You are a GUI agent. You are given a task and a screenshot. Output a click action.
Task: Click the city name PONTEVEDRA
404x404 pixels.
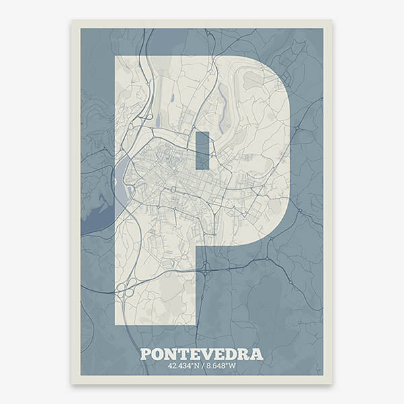[x=201, y=354]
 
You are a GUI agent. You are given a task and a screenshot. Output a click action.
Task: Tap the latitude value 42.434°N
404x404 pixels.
[x=183, y=366]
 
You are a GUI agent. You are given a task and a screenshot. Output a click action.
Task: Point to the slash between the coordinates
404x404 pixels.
[x=202, y=366]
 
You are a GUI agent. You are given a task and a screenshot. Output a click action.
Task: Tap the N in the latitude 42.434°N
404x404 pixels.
[x=196, y=366]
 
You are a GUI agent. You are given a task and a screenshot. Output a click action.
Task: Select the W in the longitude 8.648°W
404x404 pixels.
[x=233, y=366]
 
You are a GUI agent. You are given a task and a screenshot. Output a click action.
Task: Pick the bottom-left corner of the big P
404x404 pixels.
[x=116, y=325]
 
